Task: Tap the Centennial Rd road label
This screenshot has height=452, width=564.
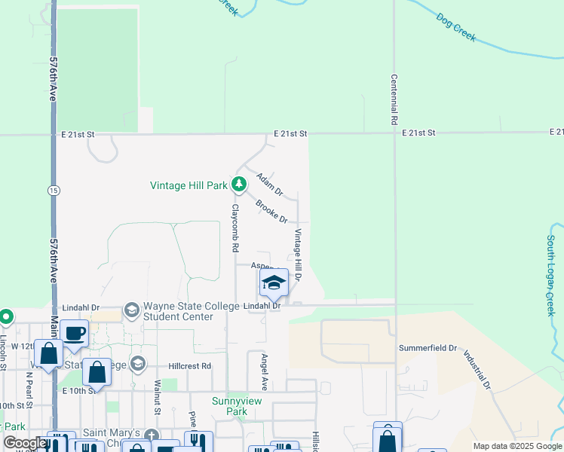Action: (394, 99)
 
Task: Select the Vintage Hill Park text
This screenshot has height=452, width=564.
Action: (189, 185)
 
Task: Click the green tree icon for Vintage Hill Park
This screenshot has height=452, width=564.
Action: (239, 184)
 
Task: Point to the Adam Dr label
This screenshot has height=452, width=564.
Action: (268, 184)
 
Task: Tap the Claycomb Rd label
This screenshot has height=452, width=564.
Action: (235, 228)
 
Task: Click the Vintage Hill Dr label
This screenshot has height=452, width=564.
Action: (299, 255)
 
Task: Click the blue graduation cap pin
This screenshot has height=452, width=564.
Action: (274, 282)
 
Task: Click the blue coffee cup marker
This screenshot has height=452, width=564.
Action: (74, 334)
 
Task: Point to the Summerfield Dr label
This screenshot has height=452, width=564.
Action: (428, 348)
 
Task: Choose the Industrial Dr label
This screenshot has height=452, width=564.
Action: (477, 369)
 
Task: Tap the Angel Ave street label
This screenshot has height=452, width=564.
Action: (264, 371)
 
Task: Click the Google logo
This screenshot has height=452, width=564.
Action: (25, 443)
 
